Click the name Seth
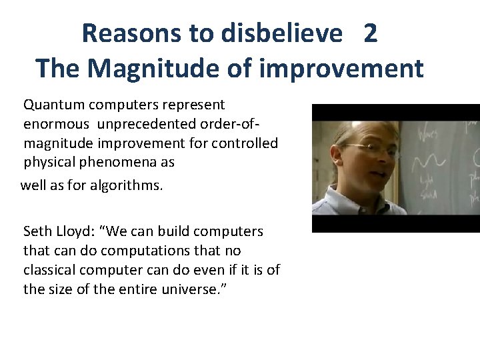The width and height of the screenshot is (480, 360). (37, 232)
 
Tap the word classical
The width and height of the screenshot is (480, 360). (49, 270)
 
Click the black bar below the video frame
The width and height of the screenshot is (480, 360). (395, 225)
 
